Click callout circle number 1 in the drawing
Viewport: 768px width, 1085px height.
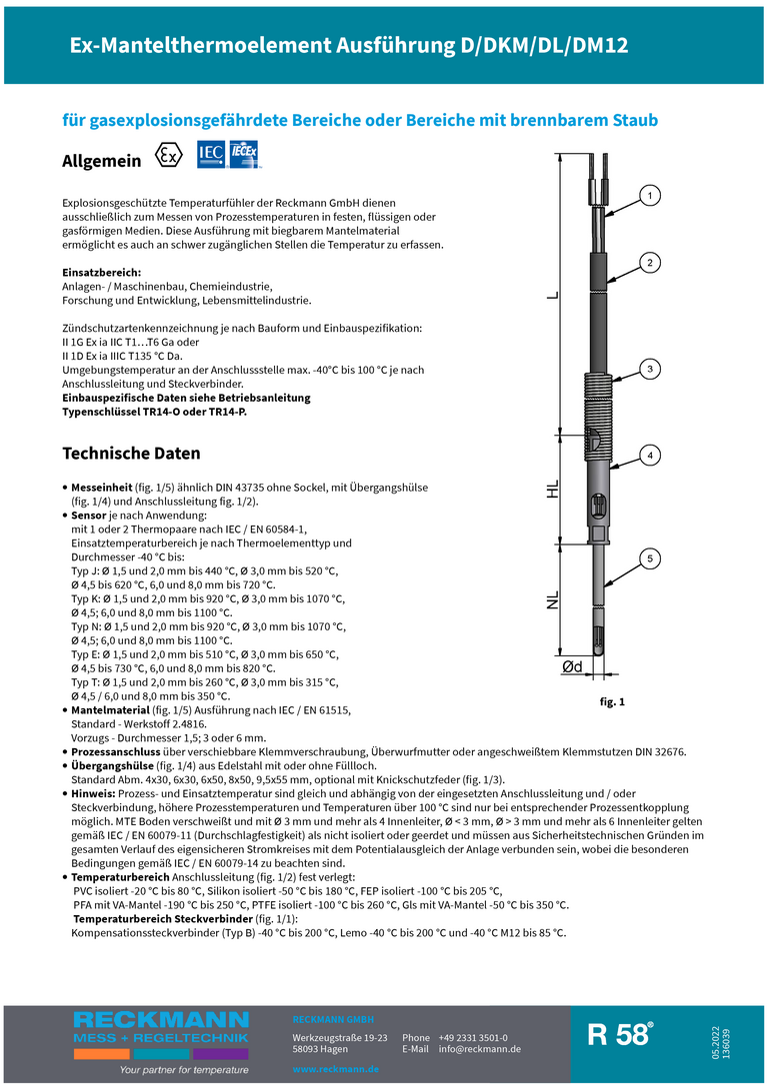650,196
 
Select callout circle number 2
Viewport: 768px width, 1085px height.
650,263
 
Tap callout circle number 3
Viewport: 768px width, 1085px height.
650,369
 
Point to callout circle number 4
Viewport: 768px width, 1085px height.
650,456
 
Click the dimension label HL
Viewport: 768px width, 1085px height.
552,490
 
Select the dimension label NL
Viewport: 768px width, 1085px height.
552,600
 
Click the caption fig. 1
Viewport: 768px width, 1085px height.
612,702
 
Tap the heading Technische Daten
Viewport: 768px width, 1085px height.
131,453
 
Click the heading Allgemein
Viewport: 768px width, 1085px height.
101,160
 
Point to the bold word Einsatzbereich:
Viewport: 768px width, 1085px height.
101,272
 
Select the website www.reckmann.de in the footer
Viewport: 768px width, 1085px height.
335,1069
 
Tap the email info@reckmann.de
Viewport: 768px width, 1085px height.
480,1049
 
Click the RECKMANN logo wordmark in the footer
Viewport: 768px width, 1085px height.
160,1019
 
